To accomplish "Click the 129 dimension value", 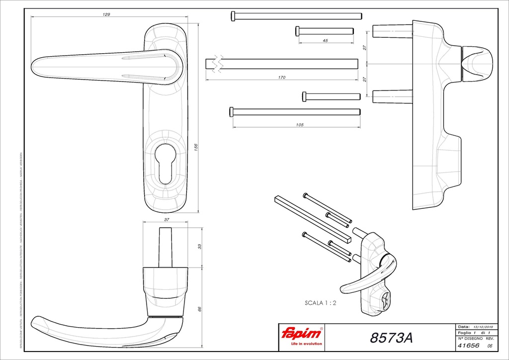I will pos(106,14).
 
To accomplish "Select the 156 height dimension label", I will pos(195,147).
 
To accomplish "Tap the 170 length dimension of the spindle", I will pos(282,78).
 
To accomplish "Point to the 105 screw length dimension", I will pos(299,125).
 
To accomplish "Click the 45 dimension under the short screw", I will pos(325,41).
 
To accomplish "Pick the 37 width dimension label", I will pos(167,219).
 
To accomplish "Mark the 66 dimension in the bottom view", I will pos(200,309).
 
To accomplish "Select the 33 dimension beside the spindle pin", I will pos(200,247).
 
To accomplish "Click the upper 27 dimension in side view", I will pos(364,48).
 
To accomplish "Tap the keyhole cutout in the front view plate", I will pos(166,162).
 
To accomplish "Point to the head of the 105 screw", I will pos(231,111).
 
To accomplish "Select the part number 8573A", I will pos(391,338).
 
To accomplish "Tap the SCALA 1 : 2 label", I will pos(321,302).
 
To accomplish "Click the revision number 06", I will pos(490,346).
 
